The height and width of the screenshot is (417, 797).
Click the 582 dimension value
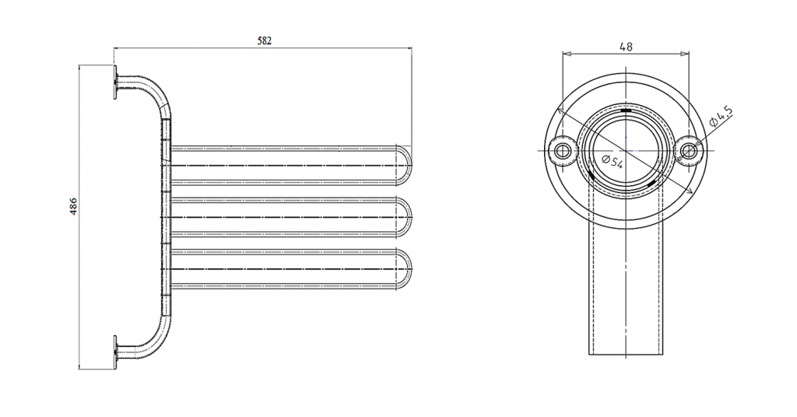point(265,40)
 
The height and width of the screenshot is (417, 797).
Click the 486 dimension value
point(74,206)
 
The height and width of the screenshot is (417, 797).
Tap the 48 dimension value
point(627,46)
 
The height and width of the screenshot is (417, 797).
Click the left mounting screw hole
point(562,150)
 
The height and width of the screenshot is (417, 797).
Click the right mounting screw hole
point(688,150)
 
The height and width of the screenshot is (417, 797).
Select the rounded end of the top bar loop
point(406,165)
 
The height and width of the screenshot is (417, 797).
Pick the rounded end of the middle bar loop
point(406,217)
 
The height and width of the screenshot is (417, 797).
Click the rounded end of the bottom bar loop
point(406,268)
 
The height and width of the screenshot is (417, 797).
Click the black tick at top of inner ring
point(626,109)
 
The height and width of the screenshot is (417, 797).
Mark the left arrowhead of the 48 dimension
point(566,53)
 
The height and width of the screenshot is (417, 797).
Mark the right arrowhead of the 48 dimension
point(685,53)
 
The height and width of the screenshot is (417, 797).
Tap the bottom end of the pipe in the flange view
point(626,355)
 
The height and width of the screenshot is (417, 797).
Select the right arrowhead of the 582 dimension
point(408,49)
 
